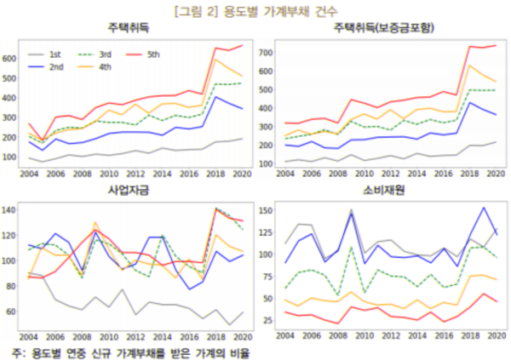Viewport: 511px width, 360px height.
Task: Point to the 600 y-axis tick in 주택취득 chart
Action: pos(10,59)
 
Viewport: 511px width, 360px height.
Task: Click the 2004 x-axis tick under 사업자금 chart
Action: pos(28,335)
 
